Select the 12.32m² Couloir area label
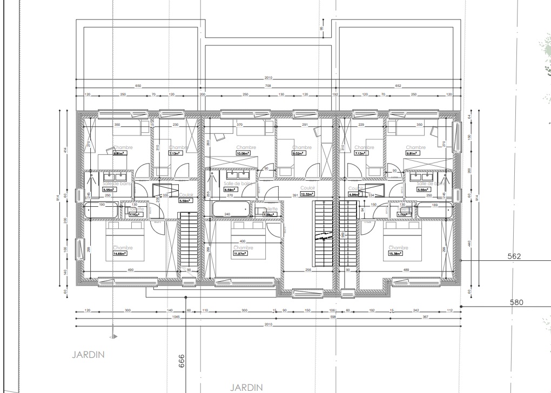(307, 194)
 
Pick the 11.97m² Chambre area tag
(240, 253)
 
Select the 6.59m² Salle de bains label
(231, 189)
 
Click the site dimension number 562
(514, 256)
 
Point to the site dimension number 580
(518, 302)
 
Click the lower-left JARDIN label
(88, 355)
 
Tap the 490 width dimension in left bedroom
(130, 270)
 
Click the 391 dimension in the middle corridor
(295, 195)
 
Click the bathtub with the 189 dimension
(435, 211)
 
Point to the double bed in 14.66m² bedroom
(124, 243)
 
